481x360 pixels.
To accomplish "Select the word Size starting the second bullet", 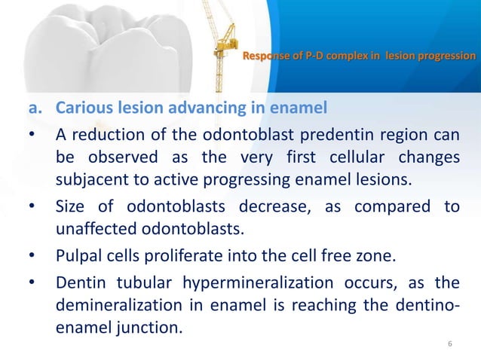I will [x=74, y=208].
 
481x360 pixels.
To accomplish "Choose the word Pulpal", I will [x=81, y=255].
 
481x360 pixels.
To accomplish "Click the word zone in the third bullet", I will [x=376, y=255].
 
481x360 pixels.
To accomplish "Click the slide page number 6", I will [x=450, y=344].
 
